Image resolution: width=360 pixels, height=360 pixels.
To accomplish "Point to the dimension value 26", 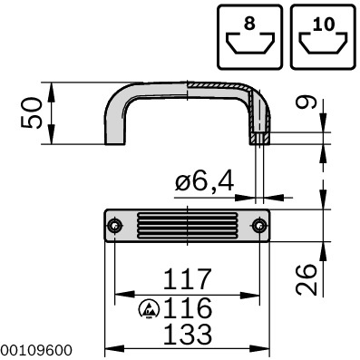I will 307,280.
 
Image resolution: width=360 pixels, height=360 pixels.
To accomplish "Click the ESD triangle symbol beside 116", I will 148,308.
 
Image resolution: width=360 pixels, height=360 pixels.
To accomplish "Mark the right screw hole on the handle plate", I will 259,226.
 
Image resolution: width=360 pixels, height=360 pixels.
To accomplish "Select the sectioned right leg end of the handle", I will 258,137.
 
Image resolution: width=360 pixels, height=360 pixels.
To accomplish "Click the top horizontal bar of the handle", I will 186,89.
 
